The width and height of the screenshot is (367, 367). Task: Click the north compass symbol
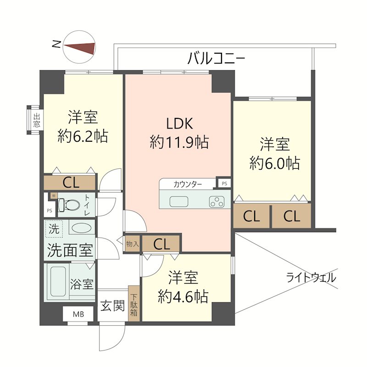tap(79, 47)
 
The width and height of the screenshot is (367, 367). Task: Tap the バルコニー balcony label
tap(216, 58)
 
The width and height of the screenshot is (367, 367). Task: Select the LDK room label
tap(179, 123)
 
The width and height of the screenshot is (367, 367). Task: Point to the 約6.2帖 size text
tap(83, 136)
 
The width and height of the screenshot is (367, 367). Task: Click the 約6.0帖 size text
tap(274, 163)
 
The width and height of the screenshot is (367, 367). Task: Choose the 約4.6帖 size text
tap(183, 296)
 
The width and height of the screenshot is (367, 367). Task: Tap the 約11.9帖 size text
tap(179, 142)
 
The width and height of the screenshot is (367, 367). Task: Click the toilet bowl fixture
tap(68, 205)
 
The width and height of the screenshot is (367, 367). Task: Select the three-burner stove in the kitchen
tap(217, 201)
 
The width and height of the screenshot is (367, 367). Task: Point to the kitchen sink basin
tap(179, 201)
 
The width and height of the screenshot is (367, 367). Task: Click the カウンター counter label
tap(188, 184)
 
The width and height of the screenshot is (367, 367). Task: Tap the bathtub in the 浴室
tap(58, 282)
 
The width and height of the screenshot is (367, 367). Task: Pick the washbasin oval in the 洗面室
tap(82, 228)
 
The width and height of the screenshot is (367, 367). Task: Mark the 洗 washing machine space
tap(54, 228)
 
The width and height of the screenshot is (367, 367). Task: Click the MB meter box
tap(78, 314)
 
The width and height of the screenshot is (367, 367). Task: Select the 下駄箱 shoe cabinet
tap(134, 303)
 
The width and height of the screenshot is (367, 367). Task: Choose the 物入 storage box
tap(133, 244)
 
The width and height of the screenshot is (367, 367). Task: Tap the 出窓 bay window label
tap(37, 120)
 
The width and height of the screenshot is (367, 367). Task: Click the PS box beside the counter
tap(224, 183)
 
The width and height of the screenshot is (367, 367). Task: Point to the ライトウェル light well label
tap(311, 278)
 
